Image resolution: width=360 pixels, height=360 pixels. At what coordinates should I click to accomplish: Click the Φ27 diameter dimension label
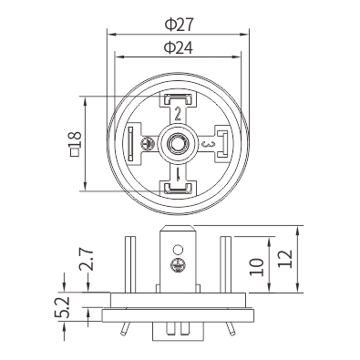179,25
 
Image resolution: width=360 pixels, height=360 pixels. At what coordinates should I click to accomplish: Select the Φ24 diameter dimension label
179,47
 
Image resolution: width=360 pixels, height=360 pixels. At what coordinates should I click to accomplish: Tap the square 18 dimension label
76,144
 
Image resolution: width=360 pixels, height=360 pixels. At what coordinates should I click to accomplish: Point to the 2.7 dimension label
85,260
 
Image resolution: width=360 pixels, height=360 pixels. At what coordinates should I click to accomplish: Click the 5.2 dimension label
62,307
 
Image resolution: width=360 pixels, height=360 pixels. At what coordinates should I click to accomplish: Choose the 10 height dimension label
256,267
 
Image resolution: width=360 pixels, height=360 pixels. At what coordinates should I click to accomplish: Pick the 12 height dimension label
285,259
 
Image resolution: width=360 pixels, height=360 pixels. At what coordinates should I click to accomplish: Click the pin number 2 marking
178,114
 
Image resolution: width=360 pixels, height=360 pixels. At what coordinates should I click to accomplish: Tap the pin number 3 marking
209,144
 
